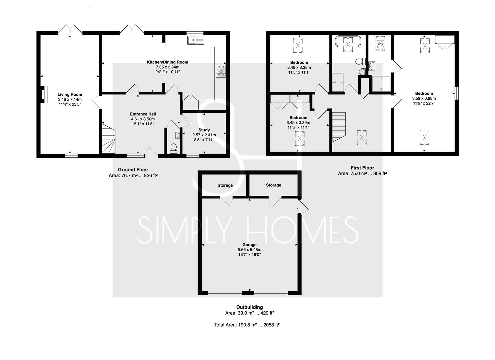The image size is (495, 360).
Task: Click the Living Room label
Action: (70, 94)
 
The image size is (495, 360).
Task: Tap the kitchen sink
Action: (196, 40)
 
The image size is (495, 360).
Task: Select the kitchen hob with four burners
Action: (221, 71)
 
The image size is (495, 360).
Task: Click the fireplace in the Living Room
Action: (44, 94)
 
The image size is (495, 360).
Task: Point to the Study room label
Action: (204, 130)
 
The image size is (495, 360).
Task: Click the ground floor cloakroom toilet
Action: (173, 148)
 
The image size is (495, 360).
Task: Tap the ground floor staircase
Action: (109, 139)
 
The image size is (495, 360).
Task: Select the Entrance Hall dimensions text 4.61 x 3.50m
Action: (143, 119)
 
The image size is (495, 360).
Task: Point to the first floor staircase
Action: (339, 127)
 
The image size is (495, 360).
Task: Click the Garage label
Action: (249, 245)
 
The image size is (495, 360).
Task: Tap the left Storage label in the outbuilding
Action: (225, 185)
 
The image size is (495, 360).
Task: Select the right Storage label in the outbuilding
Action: (274, 185)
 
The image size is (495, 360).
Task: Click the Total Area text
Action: (247, 325)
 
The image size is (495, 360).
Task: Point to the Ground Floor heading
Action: (133, 170)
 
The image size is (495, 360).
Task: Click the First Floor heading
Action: (362, 168)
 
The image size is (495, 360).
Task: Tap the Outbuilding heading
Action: (249, 307)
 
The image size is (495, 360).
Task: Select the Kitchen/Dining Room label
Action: (168, 62)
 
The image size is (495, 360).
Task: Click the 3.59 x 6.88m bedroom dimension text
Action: (424, 98)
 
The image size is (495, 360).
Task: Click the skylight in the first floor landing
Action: (362, 138)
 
